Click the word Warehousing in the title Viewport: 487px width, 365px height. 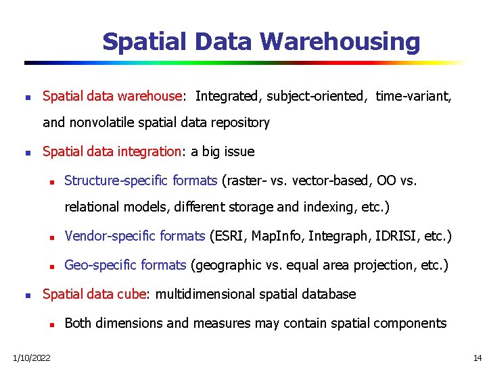[x=340, y=42]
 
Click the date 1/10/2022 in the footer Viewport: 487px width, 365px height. [x=31, y=357]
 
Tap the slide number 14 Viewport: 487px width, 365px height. [x=478, y=357]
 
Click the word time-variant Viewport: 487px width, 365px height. [x=413, y=96]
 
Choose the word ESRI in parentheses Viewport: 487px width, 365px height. [x=227, y=236]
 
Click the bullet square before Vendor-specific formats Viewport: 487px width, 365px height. [x=51, y=237]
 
